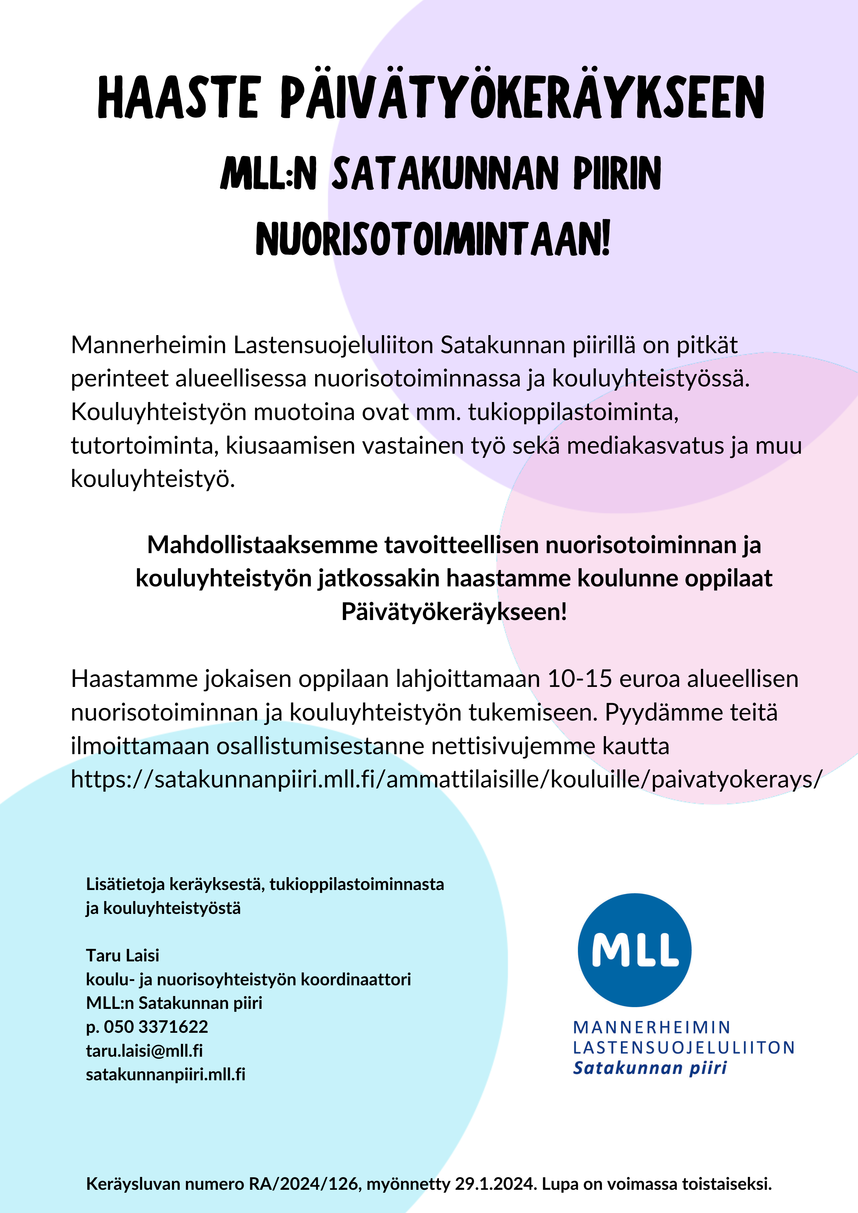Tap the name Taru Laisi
point(123,955)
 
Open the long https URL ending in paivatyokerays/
point(447,779)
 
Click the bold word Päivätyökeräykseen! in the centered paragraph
point(454,612)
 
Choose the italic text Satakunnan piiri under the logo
point(650,1068)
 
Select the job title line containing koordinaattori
point(248,979)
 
